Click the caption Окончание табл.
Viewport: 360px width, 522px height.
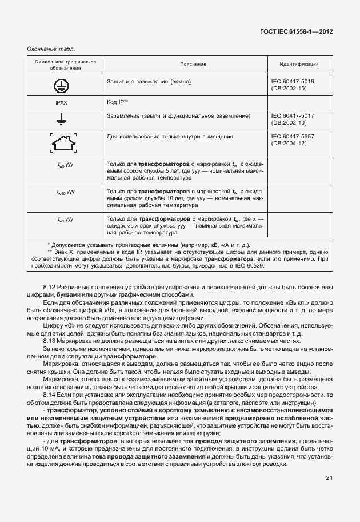click(51, 49)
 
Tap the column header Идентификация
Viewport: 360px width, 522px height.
click(299, 65)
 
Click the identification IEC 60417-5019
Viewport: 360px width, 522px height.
click(293, 82)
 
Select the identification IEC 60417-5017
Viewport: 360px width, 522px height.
click(293, 115)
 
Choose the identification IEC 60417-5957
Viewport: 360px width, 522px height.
click(293, 137)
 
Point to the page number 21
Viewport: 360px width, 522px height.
click(329, 478)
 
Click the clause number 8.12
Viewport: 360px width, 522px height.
click(49, 285)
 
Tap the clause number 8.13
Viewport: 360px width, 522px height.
click(49, 341)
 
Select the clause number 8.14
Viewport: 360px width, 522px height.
click(49, 395)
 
